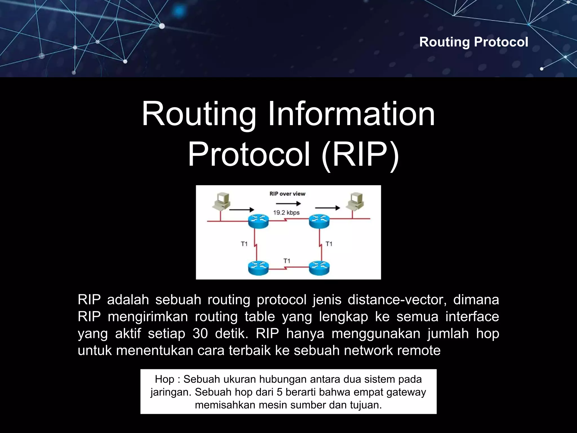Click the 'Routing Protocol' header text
(473, 42)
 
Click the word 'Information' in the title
(351, 114)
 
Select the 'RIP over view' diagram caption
(287, 194)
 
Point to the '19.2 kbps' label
(286, 213)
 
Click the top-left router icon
(258, 221)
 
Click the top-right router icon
(319, 221)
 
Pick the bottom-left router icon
(258, 268)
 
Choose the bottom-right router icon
(319, 268)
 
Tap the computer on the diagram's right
(355, 202)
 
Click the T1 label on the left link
(244, 244)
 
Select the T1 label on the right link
(329, 244)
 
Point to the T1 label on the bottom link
(287, 261)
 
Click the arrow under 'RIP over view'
(288, 204)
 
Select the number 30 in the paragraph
(200, 333)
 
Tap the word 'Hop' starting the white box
(165, 379)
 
